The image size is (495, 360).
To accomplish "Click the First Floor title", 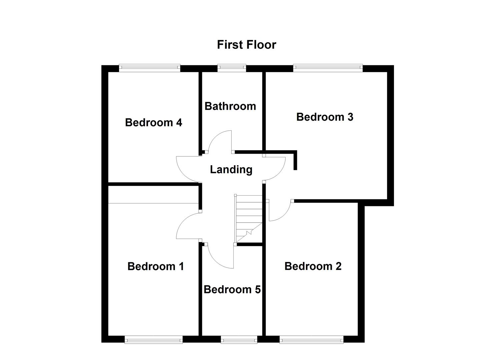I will click(246, 45).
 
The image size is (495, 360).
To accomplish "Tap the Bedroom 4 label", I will click(153, 123).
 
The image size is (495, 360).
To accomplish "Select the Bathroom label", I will click(230, 106).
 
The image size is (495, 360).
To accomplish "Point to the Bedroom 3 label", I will click(324, 117).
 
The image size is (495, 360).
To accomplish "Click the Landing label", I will click(231, 170).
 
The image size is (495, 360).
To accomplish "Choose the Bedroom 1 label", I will click(155, 266).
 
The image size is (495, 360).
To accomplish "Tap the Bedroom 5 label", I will click(232, 289).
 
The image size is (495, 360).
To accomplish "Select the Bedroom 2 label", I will click(313, 266).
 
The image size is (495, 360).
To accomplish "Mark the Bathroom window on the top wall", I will click(232, 68).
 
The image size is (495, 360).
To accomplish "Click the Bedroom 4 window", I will click(150, 68).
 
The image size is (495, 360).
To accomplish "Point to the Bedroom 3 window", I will click(328, 68).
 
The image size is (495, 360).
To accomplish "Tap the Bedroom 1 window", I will click(154, 340).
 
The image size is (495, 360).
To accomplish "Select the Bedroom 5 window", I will click(239, 340).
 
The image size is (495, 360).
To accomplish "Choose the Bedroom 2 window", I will click(311, 340).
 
